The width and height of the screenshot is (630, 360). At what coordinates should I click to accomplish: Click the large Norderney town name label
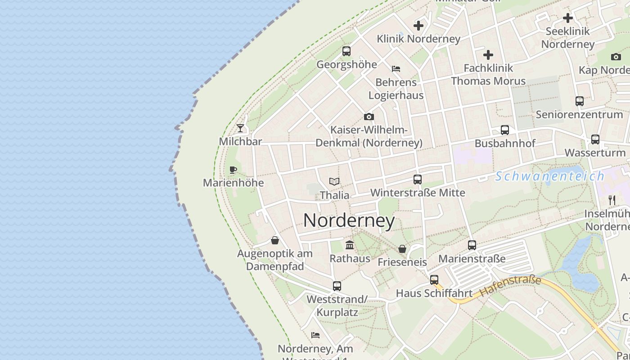(349, 220)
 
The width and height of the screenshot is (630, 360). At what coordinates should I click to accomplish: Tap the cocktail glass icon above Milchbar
(240, 128)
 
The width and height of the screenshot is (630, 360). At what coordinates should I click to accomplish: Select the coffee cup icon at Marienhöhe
(233, 170)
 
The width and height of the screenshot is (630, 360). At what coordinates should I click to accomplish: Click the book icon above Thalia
(334, 181)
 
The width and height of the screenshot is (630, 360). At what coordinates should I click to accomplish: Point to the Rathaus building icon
(349, 245)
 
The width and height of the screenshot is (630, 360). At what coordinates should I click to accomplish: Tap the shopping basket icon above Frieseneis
(402, 249)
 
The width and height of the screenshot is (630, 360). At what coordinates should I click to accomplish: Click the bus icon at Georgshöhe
(346, 51)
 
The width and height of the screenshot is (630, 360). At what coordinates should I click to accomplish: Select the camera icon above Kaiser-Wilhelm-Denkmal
(369, 117)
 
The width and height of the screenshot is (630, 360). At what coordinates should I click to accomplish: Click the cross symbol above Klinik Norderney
(418, 26)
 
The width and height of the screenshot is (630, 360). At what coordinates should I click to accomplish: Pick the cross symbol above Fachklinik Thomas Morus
(488, 55)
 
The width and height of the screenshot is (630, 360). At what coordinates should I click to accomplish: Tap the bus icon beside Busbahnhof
(505, 130)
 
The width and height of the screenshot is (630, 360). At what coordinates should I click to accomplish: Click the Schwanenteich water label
(550, 176)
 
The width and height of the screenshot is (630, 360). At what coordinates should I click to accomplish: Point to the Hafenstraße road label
(510, 286)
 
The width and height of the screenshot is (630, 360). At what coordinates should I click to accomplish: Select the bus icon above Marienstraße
(472, 245)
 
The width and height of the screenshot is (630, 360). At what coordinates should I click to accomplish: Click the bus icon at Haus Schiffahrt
(434, 280)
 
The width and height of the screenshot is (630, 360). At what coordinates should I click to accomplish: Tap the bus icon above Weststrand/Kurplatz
(337, 286)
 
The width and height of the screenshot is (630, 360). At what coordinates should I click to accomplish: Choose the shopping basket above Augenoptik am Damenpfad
(274, 240)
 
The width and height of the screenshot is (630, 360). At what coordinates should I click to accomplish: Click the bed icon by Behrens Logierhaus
(396, 69)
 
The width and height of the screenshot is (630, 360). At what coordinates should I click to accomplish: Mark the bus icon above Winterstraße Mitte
(417, 180)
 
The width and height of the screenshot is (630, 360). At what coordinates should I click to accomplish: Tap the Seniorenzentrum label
(579, 114)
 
